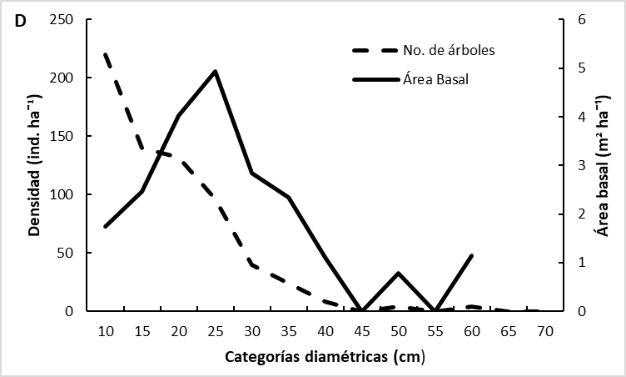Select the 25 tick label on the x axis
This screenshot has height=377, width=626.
coord(215,331)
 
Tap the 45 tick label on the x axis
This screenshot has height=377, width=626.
coord(360,331)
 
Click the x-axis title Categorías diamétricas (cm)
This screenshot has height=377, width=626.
coord(325,359)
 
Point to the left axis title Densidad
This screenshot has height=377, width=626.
coord(33,165)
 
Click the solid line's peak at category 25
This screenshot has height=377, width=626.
coord(215,71)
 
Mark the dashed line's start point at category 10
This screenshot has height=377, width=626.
coord(106,54)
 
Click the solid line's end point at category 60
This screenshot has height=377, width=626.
coord(471,255)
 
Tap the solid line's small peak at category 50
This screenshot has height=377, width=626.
coord(399,273)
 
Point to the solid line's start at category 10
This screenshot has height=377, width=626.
coord(106,226)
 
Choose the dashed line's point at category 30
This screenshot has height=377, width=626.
coord(251,264)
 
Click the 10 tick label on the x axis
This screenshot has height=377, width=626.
coord(106,331)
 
